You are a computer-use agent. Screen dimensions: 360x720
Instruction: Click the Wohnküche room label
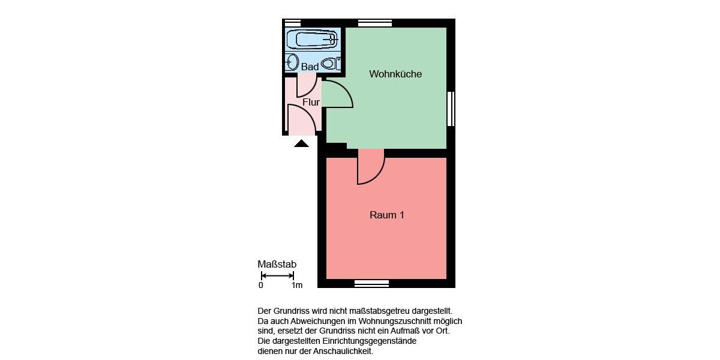point(395,74)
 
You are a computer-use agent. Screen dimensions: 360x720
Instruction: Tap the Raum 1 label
point(387,215)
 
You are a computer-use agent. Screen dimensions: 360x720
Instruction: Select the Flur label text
point(311,103)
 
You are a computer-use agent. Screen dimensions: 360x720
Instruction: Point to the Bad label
point(310,67)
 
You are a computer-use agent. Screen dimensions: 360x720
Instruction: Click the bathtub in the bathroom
point(311,40)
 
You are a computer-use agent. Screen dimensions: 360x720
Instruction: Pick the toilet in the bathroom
point(328,62)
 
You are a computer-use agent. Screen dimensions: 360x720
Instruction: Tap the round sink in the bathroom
point(292,62)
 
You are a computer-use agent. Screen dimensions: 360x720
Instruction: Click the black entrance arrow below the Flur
point(301,143)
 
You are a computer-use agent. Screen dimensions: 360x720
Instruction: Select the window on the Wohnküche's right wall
point(451,109)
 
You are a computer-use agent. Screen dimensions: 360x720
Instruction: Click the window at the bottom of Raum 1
point(371,283)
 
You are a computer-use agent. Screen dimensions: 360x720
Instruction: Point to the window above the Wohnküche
point(374,23)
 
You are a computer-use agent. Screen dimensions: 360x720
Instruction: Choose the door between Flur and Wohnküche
point(338,95)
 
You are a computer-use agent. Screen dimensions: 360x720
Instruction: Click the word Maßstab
point(277,264)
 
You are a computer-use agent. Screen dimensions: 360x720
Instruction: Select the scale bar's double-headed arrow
point(277,276)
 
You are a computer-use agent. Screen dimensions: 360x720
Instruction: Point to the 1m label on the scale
point(296,286)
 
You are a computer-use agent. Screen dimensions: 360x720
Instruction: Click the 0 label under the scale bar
point(261,286)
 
